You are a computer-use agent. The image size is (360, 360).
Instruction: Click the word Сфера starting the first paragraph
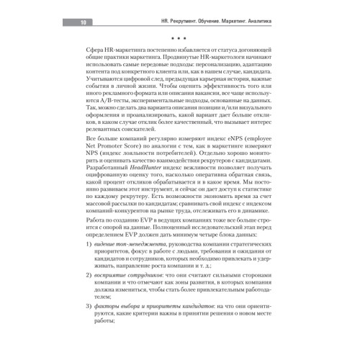(x=96, y=56)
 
